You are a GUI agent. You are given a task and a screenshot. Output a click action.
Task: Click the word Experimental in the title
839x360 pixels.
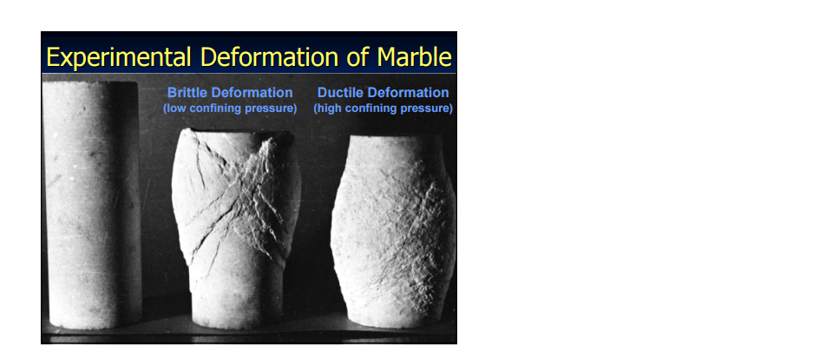click(x=119, y=57)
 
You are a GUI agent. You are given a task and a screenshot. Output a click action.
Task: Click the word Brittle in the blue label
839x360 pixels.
click(x=185, y=93)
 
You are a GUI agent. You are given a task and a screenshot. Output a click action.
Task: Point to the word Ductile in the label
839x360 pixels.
click(x=340, y=93)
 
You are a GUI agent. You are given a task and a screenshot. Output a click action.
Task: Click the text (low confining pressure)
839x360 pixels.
click(x=230, y=108)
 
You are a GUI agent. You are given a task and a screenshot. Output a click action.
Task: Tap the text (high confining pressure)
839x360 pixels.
click(x=383, y=108)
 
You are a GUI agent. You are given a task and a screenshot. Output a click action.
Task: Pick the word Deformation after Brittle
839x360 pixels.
click(x=250, y=93)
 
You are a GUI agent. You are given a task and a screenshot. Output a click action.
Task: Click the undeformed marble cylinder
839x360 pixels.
click(x=92, y=203)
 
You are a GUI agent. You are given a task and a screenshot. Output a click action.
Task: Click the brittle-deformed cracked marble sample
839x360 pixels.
click(x=236, y=227)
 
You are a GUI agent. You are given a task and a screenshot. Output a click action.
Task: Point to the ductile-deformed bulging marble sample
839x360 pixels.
click(x=393, y=231)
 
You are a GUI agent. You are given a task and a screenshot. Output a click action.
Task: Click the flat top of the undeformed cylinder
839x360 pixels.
click(x=90, y=83)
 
